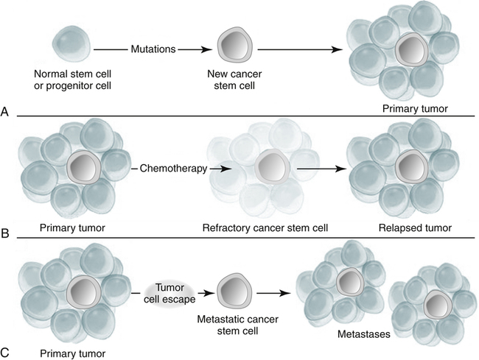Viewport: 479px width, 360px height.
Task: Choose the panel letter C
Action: click(7, 353)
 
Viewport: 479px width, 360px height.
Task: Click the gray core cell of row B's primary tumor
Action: click(83, 169)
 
